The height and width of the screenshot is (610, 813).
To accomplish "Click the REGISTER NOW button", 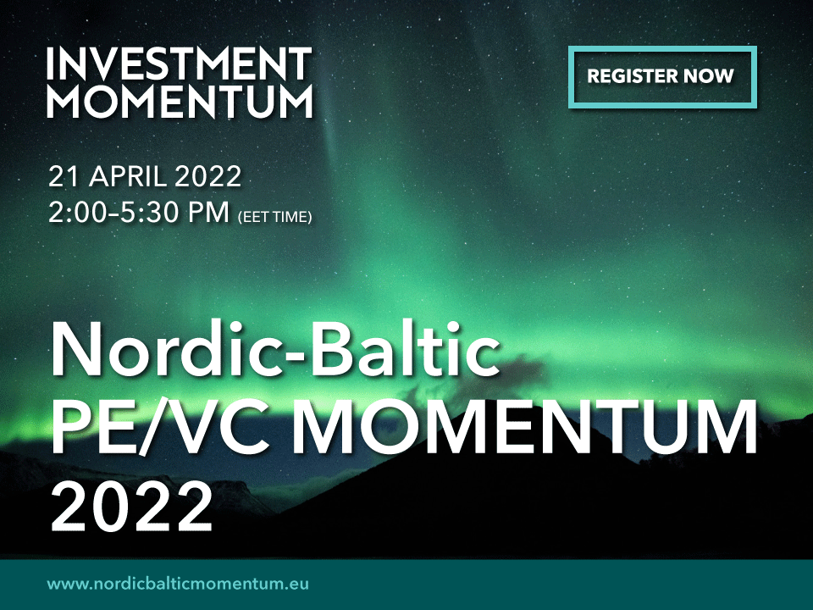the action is click(x=662, y=77).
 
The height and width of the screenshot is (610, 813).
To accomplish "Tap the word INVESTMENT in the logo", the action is click(x=180, y=64).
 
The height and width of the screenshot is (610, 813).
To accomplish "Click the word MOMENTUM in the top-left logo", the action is click(x=180, y=101).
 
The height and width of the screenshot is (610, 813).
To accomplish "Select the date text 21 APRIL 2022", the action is click(x=145, y=176).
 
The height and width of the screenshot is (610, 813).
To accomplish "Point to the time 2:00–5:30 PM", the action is click(x=139, y=212).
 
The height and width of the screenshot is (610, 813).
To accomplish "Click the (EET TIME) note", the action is click(x=274, y=217).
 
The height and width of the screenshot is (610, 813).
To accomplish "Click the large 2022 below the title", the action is click(x=132, y=505).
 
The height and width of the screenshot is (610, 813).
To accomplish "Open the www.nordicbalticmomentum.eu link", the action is click(x=178, y=584).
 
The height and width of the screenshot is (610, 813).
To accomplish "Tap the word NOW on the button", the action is click(x=708, y=76).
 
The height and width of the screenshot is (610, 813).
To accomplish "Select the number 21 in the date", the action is click(x=64, y=176).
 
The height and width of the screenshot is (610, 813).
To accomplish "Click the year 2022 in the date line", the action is click(x=208, y=176).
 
